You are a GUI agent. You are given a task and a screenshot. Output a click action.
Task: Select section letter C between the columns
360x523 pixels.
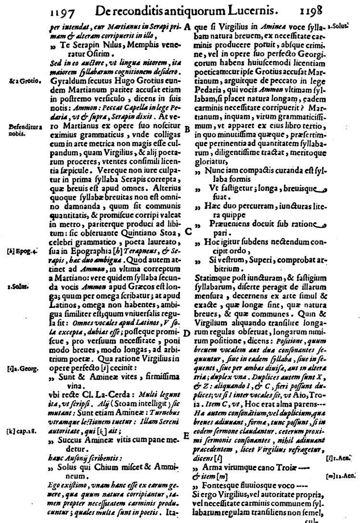pyautogui.click(x=189, y=230)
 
